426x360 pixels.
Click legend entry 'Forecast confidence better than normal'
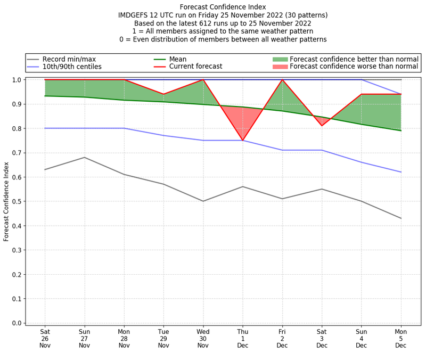coord(354,59)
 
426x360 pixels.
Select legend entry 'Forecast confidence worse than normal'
coord(354,67)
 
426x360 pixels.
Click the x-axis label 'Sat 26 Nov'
coord(45,338)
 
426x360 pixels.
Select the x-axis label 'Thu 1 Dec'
coord(243,338)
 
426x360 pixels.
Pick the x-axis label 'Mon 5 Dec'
coord(401,338)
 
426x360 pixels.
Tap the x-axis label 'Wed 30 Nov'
coord(203,338)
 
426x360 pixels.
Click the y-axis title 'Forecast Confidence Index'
coord(6,201)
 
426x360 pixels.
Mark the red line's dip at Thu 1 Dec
coord(243,140)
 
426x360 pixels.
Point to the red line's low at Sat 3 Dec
coord(322,126)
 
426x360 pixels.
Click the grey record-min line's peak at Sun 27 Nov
coord(84,157)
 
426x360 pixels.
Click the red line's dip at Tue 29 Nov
coord(163,94)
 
